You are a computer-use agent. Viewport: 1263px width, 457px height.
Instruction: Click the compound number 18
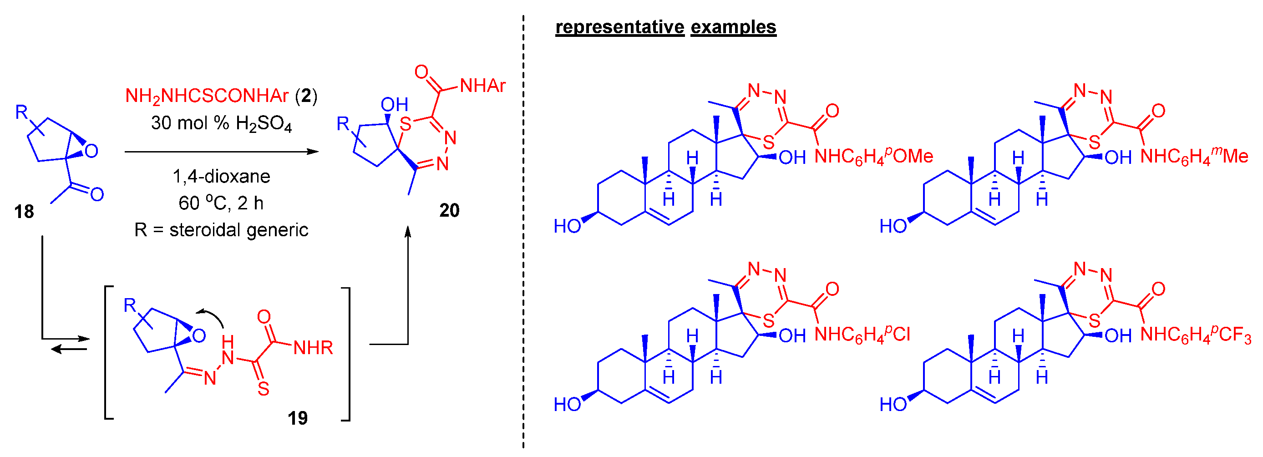coord(24,212)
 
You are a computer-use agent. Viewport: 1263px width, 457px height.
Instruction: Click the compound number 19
coord(298,418)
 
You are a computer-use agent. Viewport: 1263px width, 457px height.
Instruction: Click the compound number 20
coord(449,210)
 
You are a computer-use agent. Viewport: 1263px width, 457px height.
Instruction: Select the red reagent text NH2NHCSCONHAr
coord(207,96)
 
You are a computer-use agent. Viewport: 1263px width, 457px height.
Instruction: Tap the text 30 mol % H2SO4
coord(221,123)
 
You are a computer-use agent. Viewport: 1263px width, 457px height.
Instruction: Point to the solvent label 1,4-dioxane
coord(221,176)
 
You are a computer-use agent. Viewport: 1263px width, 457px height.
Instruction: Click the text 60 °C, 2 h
coord(221,203)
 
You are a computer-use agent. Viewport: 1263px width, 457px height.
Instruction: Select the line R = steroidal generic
coord(221,230)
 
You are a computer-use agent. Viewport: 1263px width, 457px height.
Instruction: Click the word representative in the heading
coord(619,27)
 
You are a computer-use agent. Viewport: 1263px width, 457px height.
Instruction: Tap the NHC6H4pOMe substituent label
coord(873,157)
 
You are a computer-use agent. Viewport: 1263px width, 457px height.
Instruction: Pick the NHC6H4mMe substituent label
coord(1194,157)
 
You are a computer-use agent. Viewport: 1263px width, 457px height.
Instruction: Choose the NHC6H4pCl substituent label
coord(862,335)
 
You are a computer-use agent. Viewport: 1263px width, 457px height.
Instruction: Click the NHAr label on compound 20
coord(482,86)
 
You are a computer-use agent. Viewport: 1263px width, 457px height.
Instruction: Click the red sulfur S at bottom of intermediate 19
coord(263,389)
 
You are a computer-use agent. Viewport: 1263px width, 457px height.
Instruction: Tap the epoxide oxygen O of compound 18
coord(91,151)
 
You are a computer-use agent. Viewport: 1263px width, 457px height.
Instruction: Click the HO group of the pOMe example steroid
coord(567,227)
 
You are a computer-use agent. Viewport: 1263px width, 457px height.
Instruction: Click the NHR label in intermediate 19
coord(313,348)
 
